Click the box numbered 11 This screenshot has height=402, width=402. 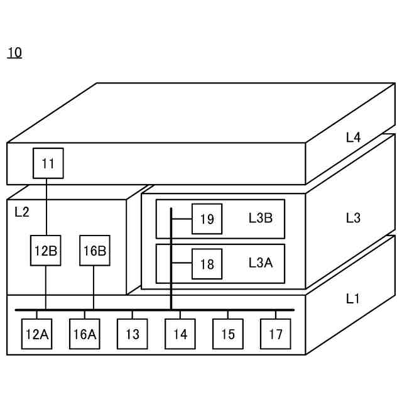click(48, 164)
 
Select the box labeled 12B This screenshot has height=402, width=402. click(46, 251)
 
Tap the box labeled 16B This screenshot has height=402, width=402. click(94, 251)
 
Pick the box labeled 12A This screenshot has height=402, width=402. click(36, 334)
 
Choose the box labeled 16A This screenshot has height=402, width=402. click(84, 334)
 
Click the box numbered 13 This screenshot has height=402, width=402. click(133, 334)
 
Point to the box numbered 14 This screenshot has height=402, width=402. click(180, 334)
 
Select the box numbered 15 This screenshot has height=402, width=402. click(228, 334)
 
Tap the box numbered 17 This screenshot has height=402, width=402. click(276, 334)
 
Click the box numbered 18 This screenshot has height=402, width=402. click(207, 264)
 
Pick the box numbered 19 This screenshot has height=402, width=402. click(207, 219)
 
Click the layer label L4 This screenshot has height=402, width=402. click(353, 138)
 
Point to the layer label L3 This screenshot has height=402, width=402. click(353, 218)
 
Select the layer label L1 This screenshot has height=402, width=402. click(353, 299)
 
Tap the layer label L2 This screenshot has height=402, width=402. click(22, 212)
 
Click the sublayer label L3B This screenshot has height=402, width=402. click(261, 218)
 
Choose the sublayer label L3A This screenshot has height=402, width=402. click(261, 263)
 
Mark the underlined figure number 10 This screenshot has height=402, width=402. click(14, 53)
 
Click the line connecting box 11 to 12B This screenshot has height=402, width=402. click(46, 207)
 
